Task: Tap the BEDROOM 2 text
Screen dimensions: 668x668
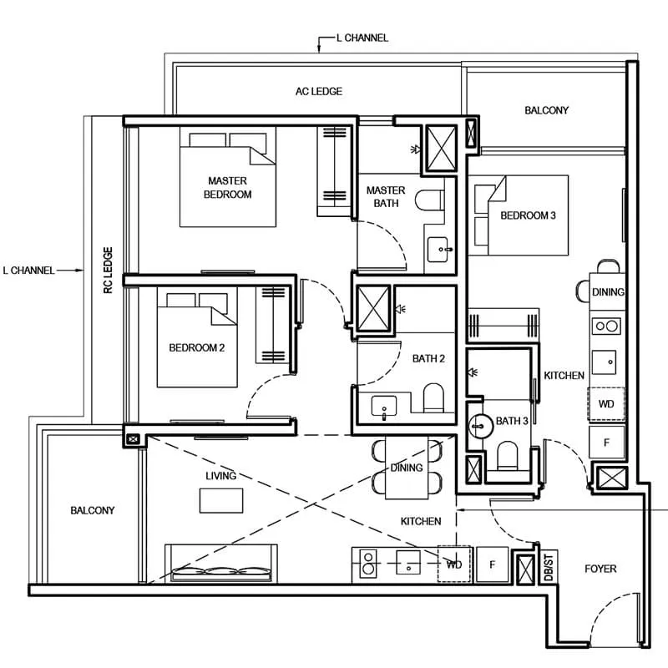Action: click(x=197, y=348)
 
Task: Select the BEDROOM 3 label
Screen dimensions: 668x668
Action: click(x=528, y=215)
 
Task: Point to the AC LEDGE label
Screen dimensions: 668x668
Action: click(x=319, y=91)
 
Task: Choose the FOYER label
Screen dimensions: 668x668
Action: click(x=600, y=569)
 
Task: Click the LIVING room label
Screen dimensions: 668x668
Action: click(x=221, y=475)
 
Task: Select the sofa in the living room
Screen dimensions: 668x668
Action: click(x=222, y=563)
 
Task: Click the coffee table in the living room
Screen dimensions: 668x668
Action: click(x=221, y=500)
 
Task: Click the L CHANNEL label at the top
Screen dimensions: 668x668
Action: click(x=361, y=38)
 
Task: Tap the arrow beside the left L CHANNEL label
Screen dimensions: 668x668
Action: click(x=72, y=270)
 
